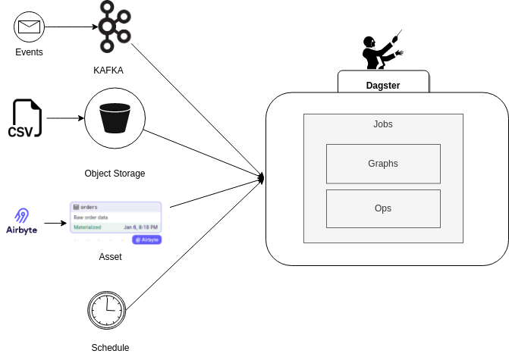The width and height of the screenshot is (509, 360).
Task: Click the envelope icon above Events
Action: point(30,27)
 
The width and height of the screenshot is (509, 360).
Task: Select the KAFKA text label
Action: point(108,70)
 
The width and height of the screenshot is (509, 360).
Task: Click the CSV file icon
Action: point(25,119)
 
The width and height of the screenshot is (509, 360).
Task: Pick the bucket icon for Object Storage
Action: point(114,118)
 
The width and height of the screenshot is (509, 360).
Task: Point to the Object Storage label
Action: point(115,174)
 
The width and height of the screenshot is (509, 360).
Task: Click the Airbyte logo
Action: point(22,221)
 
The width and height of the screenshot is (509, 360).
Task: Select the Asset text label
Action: point(111,257)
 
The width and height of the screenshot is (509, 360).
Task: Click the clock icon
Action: point(107,309)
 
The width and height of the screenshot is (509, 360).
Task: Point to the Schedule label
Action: point(110,348)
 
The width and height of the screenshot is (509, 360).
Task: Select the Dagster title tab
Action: point(383,85)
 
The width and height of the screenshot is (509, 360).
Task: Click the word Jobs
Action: point(383,124)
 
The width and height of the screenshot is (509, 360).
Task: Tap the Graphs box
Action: point(383,164)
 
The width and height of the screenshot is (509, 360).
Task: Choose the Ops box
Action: point(383,209)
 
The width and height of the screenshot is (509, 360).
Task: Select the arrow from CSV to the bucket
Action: point(64,118)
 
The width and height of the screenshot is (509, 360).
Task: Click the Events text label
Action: point(30,52)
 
